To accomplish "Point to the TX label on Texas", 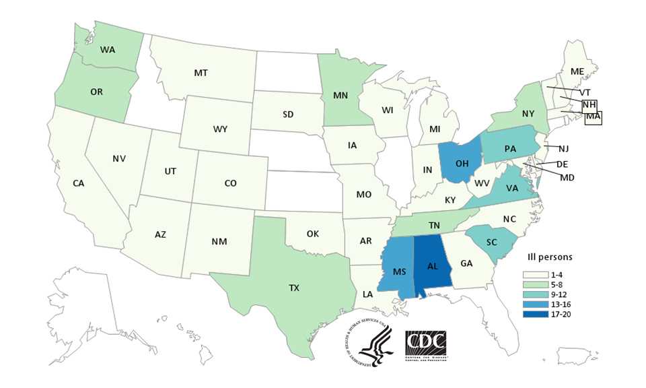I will (294, 288).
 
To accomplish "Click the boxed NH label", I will (589, 104).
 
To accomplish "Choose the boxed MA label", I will (593, 117).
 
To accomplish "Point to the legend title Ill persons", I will (550, 257).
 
